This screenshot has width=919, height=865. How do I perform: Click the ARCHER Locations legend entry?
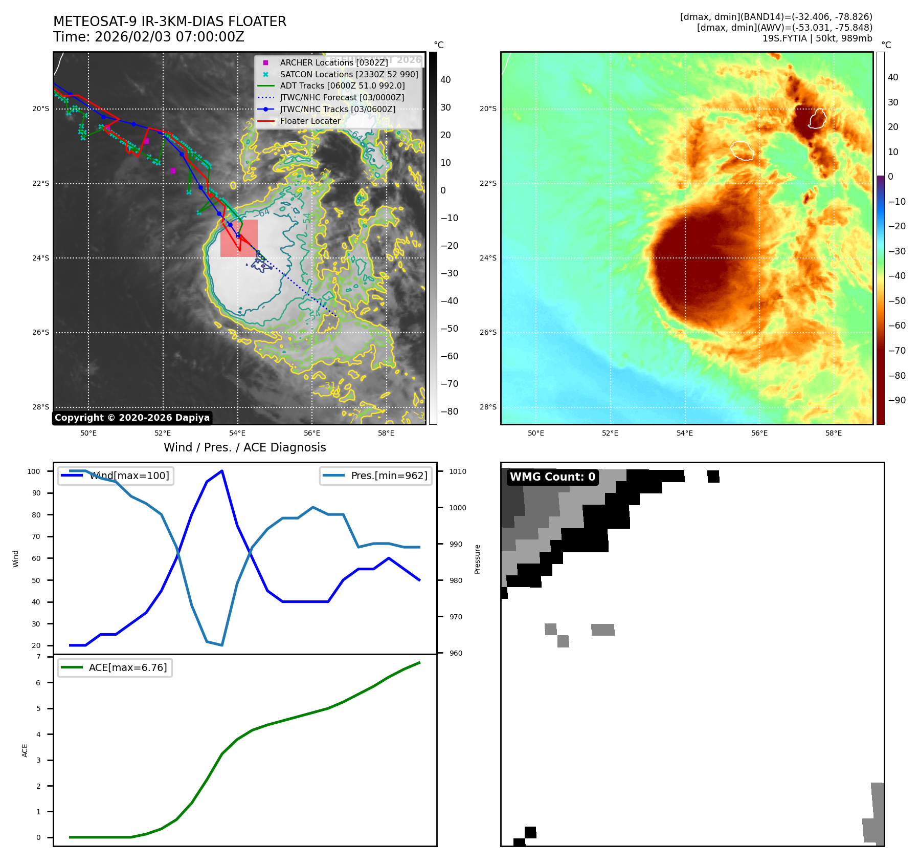coord(333,62)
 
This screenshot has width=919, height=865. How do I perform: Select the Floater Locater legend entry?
coord(310,121)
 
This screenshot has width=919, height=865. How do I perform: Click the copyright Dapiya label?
coord(132,418)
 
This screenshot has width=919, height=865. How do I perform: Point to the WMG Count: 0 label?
coord(552,477)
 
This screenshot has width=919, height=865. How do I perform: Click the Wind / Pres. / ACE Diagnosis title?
coord(244,447)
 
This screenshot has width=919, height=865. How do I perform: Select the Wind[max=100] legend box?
coord(116,476)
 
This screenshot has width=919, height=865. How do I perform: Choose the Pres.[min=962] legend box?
coord(376,476)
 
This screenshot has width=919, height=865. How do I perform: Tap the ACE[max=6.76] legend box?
coord(115,668)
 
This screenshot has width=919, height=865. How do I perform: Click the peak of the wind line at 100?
coord(222,470)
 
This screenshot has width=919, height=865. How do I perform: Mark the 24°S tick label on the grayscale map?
coord(41,258)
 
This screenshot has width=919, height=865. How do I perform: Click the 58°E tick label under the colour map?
coord(834,433)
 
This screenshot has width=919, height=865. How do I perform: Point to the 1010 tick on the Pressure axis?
coord(458,471)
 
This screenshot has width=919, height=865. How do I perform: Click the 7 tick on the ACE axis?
coord(38,657)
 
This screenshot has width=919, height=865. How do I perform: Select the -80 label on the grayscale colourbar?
coord(450,412)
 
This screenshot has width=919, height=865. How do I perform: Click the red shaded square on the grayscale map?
coord(239,238)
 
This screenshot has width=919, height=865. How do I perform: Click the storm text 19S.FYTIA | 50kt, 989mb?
coord(817,38)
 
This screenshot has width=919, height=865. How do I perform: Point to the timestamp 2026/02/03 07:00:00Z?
coord(169,37)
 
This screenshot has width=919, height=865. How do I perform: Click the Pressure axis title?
coord(477,559)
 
